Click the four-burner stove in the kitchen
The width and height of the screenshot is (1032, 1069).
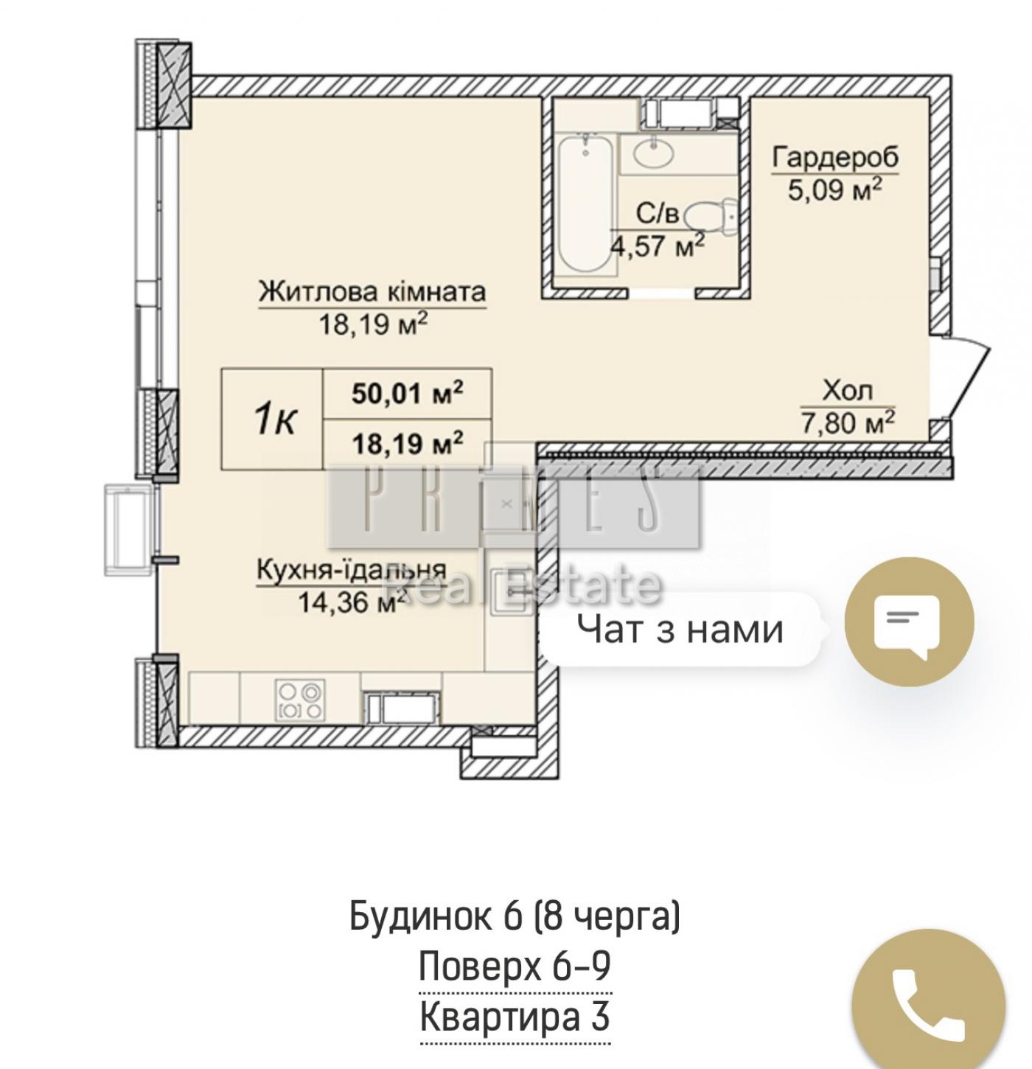tap(299, 700)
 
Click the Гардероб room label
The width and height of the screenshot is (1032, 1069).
tap(835, 158)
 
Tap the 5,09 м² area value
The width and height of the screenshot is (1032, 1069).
tap(835, 190)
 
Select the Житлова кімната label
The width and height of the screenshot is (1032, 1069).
tap(372, 292)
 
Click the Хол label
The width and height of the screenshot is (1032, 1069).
tap(848, 391)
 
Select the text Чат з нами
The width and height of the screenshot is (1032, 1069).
tap(680, 628)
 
